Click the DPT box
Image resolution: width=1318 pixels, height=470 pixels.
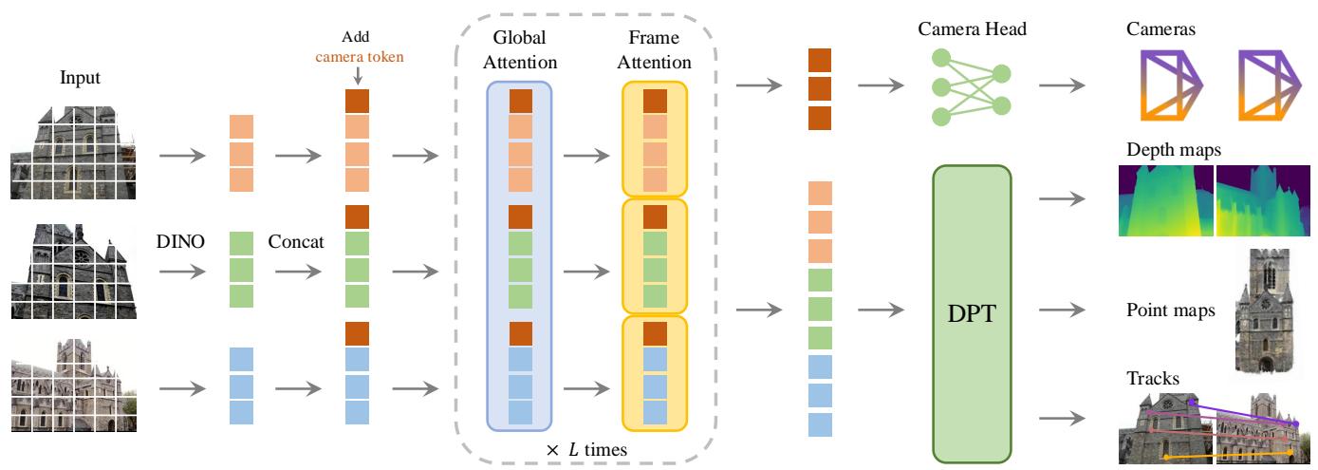(974, 314)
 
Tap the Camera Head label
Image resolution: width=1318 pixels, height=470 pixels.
(973, 29)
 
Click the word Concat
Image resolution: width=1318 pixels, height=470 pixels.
(295, 242)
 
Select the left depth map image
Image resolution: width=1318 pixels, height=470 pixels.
(1165, 201)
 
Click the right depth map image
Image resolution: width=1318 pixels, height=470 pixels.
(1262, 201)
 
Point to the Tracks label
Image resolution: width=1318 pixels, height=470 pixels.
(1153, 378)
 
